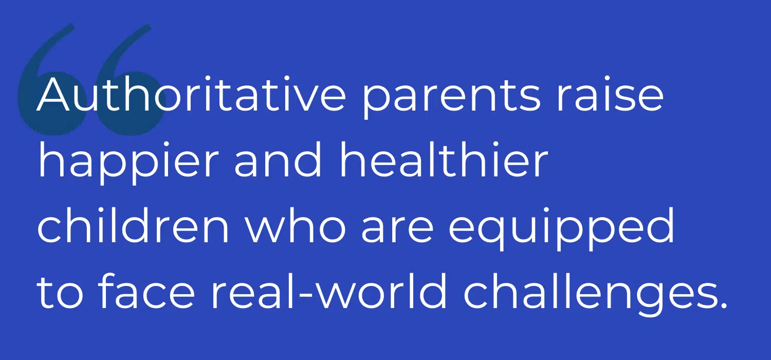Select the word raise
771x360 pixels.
610,94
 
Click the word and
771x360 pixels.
278,159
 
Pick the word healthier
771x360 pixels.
444,159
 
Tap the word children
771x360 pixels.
133,225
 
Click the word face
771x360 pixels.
146,291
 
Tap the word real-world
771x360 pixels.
329,291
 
